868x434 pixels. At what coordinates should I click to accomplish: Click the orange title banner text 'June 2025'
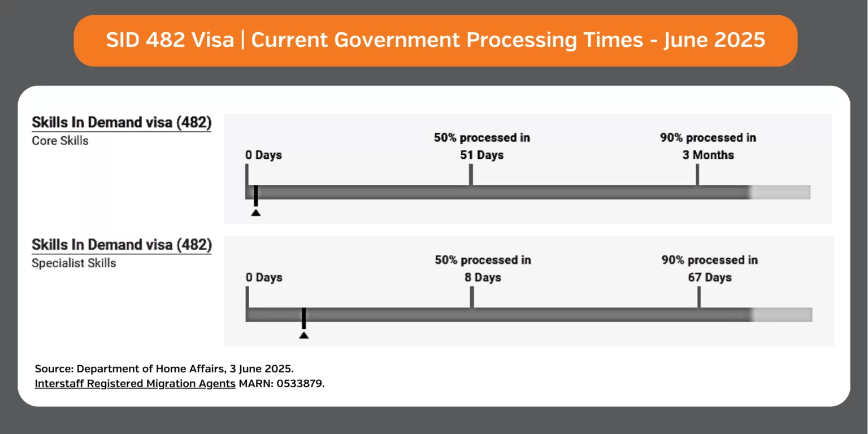click(x=714, y=40)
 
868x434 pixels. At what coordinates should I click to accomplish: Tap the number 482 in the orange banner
click(x=166, y=40)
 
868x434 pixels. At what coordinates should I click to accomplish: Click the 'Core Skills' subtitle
click(x=60, y=140)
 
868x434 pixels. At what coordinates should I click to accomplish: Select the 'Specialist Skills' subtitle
click(x=73, y=263)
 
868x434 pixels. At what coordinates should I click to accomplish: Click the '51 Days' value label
click(x=481, y=155)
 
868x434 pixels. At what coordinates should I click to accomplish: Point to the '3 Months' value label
click(x=708, y=155)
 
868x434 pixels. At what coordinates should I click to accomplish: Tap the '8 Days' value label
click(x=483, y=277)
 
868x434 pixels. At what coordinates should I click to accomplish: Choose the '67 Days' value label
click(x=710, y=277)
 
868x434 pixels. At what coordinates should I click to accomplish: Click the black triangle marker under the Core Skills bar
click(x=256, y=212)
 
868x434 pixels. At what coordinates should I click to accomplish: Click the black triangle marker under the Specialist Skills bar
click(x=304, y=335)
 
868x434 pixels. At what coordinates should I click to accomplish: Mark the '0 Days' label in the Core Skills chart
click(x=263, y=155)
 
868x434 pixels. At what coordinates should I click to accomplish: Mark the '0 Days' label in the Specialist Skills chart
click(x=264, y=277)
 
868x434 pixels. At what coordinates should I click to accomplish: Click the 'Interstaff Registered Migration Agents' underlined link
click(x=135, y=383)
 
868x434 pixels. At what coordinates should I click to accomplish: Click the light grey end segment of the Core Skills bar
click(x=780, y=192)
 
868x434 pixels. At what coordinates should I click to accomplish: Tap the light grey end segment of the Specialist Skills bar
click(x=782, y=315)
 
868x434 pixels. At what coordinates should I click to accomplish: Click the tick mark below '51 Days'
click(x=471, y=175)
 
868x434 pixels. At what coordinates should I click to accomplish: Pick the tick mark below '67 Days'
click(x=699, y=297)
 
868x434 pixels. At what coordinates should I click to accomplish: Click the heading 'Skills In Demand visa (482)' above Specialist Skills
click(x=121, y=245)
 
